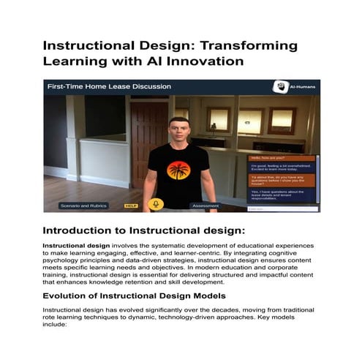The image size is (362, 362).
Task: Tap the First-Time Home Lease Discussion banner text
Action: point(109,86)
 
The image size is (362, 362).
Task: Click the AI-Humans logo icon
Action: point(279,86)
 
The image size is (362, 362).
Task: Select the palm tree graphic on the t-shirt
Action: point(178,170)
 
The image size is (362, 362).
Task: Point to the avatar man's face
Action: point(178,130)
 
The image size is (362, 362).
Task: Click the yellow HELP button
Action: point(131,205)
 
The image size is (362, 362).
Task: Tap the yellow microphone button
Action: point(156,204)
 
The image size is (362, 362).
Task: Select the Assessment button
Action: point(205,205)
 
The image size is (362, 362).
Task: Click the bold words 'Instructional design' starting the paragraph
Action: point(72,246)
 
